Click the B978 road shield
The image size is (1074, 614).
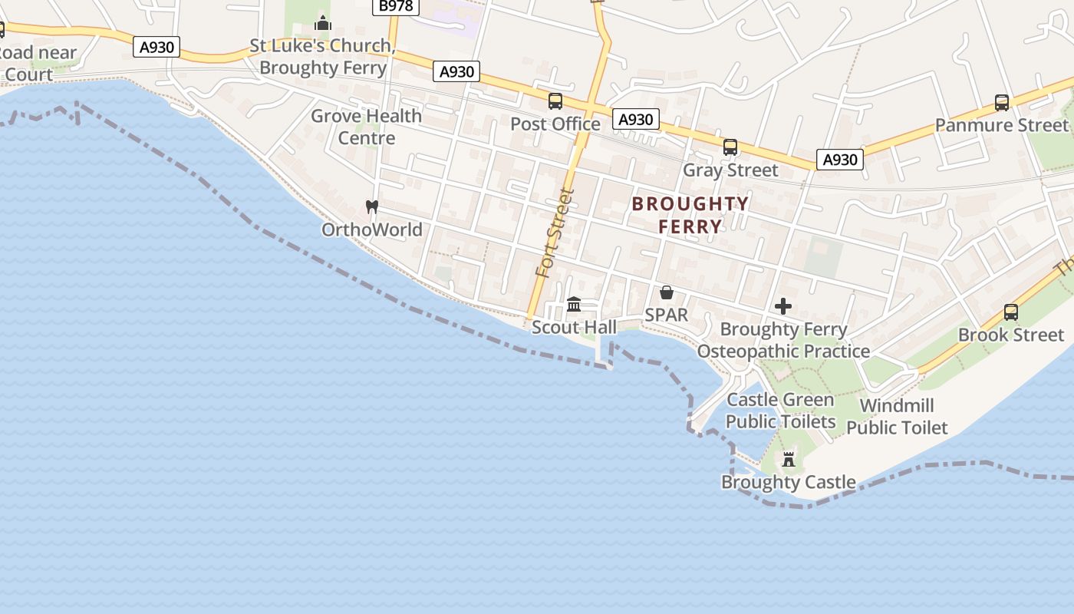pos(396,6)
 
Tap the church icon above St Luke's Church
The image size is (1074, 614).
pos(323,24)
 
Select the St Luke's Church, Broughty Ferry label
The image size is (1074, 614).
pos(322,57)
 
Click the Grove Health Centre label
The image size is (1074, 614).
pos(366,127)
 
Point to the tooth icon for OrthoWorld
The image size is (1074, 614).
pos(372,206)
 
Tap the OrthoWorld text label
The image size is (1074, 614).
pos(372,229)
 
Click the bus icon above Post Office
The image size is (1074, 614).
pos(555,101)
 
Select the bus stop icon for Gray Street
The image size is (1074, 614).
pos(730,147)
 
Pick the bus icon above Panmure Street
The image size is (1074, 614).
pos(1002,103)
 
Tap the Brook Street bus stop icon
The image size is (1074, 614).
pos(1011,312)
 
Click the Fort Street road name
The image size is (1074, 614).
pos(555,233)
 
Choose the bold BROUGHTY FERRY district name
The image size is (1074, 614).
pos(690,215)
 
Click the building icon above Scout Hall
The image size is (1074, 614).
pos(574,305)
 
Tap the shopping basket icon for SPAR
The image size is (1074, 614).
pos(667,292)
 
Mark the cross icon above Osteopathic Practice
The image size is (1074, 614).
pos(783,307)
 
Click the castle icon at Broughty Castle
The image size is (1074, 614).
pos(789,460)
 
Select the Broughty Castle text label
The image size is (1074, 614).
pos(789,482)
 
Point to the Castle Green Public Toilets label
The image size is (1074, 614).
pos(780,411)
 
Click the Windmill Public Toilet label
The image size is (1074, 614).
pos(897,417)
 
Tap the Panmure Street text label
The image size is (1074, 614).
pos(1001,125)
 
